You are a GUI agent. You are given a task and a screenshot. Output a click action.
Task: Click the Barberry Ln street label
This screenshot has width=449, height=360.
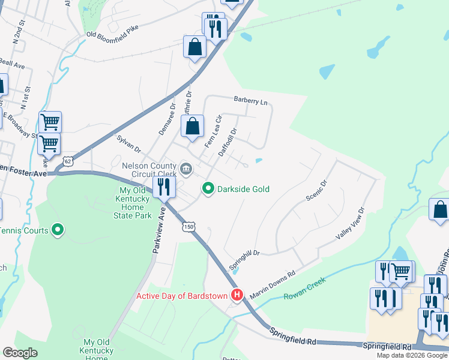click(250, 101)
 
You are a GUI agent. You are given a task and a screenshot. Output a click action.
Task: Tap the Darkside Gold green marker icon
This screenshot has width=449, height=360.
click(208, 189)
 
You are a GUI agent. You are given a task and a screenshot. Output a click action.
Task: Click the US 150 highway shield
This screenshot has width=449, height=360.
click(190, 227)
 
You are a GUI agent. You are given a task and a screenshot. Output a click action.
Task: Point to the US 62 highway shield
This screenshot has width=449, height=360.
click(68, 161)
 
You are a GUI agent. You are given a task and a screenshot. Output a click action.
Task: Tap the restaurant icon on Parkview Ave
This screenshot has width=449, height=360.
click(163, 187)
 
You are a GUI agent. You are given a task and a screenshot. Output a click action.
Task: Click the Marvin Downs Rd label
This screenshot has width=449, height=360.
click(273, 281)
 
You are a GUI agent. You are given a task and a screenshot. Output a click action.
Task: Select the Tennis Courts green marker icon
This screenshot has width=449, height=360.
click(58, 229)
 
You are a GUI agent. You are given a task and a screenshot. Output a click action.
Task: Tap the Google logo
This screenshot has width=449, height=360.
click(20, 353)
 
